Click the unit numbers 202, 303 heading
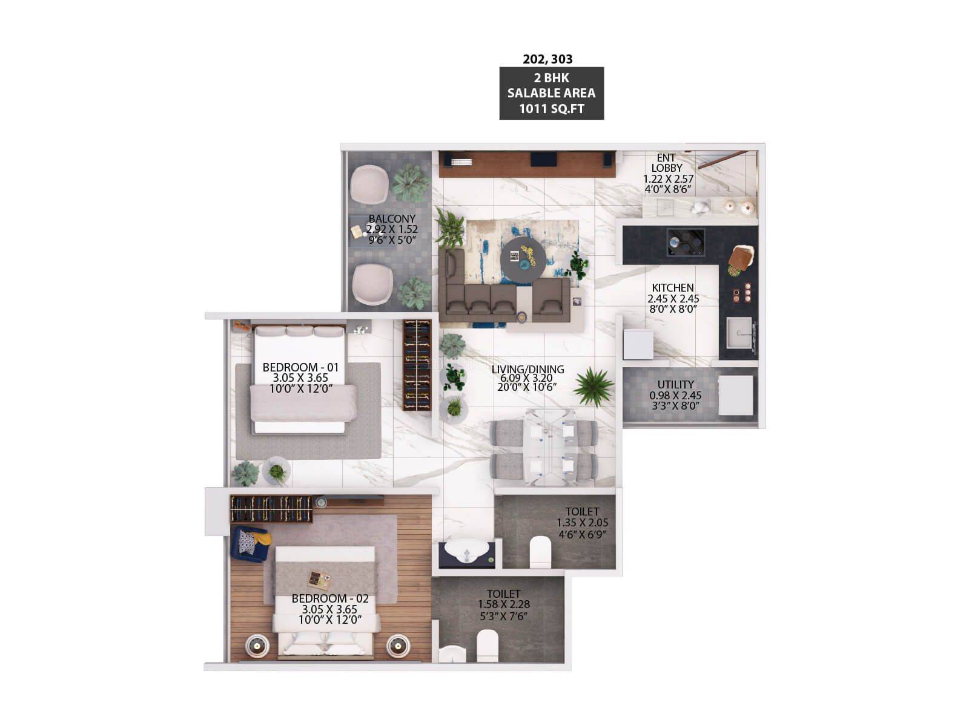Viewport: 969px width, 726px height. click(547, 59)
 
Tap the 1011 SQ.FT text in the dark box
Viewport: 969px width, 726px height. click(551, 109)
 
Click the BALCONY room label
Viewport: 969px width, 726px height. click(392, 218)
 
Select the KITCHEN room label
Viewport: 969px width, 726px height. click(673, 288)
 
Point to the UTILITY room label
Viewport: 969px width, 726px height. click(675, 384)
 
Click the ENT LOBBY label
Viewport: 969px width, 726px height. click(667, 163)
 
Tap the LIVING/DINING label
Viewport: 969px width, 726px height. click(528, 369)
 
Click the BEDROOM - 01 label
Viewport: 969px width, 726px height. click(300, 367)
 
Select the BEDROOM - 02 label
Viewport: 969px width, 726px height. click(330, 598)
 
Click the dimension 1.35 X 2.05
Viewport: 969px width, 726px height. click(582, 523)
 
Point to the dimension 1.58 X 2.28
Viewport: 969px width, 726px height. click(504, 604)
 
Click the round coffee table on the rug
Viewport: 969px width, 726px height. click(523, 260)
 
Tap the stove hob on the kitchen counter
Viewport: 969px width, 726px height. click(685, 242)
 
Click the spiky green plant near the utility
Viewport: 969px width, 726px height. click(594, 387)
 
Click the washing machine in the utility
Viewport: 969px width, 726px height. click(735, 395)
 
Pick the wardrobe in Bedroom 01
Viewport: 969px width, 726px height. click(417, 365)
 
